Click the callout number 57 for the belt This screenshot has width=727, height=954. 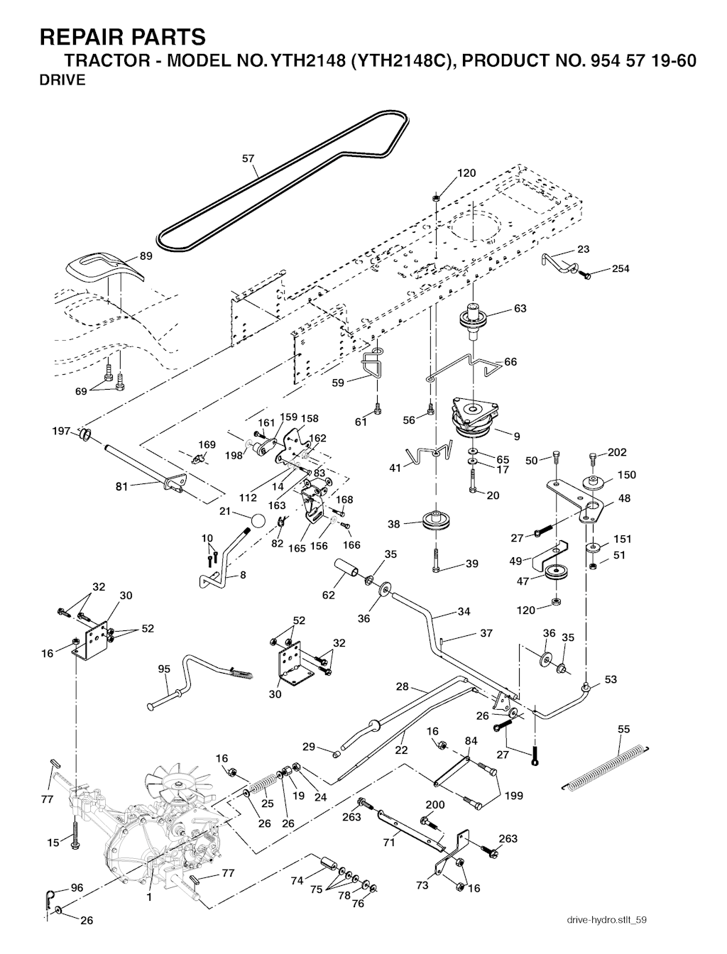pyautogui.click(x=248, y=159)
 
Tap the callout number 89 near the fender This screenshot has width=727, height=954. pyautogui.click(x=145, y=257)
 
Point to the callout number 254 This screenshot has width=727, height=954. pyautogui.click(x=620, y=269)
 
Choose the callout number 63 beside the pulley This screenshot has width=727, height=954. pyautogui.click(x=520, y=309)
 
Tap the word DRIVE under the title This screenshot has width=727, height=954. pyautogui.click(x=62, y=80)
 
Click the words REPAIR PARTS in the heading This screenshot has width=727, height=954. pyautogui.click(x=123, y=36)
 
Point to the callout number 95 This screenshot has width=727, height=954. pyautogui.click(x=164, y=669)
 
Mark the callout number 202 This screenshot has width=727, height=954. pyautogui.click(x=617, y=452)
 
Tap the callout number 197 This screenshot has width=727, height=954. pyautogui.click(x=62, y=431)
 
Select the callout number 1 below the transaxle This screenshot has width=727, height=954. pyautogui.click(x=149, y=897)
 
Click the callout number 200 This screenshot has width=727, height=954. pyautogui.click(x=434, y=805)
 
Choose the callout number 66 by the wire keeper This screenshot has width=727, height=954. pyautogui.click(x=510, y=362)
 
